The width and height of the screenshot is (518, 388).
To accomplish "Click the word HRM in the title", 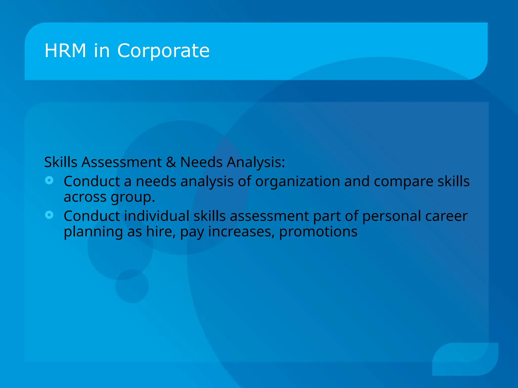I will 65,51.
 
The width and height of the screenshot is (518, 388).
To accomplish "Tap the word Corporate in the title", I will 163,51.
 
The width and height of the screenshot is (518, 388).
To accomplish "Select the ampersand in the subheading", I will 171,162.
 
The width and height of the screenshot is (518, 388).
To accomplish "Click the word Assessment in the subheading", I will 121,162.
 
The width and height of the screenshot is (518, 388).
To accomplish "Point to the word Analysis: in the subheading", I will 256,162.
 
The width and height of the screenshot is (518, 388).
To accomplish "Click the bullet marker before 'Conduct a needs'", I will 49,180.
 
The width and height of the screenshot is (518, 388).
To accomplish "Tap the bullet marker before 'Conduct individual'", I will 49,215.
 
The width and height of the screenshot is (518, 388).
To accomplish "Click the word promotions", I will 318,232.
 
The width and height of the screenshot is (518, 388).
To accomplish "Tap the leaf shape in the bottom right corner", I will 465,359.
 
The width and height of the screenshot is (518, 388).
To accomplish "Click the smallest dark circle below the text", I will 132,286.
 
